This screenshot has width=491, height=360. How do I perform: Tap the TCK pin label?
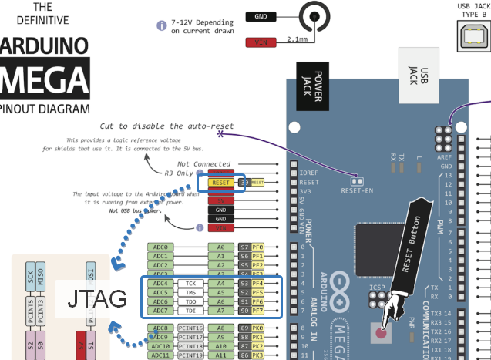190,284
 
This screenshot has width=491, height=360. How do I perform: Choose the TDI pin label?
190,311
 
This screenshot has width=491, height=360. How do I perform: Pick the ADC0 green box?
160,247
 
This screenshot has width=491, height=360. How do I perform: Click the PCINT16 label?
190,328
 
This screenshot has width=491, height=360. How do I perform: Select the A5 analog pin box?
220,293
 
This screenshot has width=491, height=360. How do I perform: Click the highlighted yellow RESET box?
221,183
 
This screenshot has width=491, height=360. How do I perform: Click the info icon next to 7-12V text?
162,25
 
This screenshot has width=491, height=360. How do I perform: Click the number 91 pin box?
244,301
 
